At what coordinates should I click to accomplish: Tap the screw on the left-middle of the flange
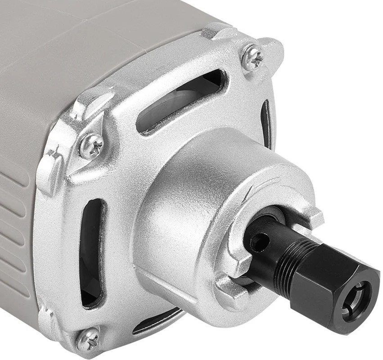(91, 146)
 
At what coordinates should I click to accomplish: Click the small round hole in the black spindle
(259, 243)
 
